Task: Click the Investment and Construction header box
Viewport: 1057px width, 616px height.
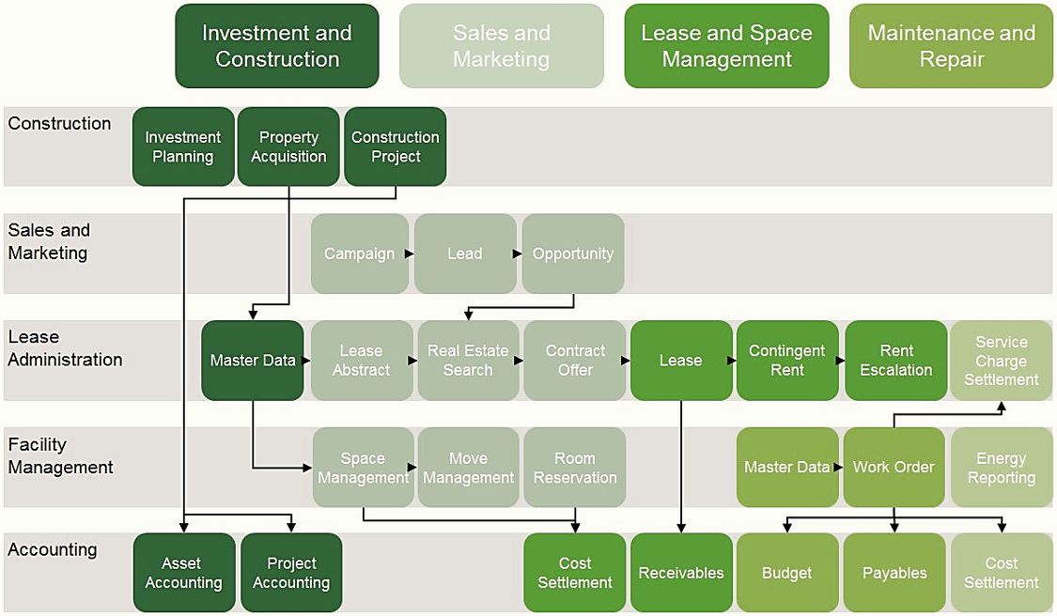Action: click(277, 46)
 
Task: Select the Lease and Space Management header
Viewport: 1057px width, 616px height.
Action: click(726, 46)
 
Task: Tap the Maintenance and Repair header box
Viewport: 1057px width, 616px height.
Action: click(951, 46)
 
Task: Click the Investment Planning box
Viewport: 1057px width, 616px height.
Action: click(183, 146)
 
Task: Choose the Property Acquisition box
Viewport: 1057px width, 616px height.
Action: click(288, 146)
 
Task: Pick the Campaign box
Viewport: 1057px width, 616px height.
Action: click(360, 254)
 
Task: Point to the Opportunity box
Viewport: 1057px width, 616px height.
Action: click(573, 254)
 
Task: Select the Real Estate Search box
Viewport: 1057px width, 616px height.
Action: click(469, 361)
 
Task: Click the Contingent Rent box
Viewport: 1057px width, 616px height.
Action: click(787, 361)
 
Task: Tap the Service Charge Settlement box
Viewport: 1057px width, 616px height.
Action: click(1001, 361)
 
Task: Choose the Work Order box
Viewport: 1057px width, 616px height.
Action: click(894, 467)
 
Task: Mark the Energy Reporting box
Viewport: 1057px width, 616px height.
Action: click(1001, 467)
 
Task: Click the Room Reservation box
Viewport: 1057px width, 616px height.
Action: click(575, 467)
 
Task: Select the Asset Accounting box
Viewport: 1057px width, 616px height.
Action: click(184, 573)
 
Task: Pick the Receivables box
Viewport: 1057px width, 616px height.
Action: click(681, 573)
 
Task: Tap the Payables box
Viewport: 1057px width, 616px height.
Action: click(894, 573)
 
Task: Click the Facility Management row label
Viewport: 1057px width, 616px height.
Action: click(61, 455)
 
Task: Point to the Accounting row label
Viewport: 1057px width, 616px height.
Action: click(53, 549)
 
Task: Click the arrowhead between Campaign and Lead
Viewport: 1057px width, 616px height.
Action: click(410, 254)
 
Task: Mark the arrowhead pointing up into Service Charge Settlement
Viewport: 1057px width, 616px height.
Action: click(1002, 407)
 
